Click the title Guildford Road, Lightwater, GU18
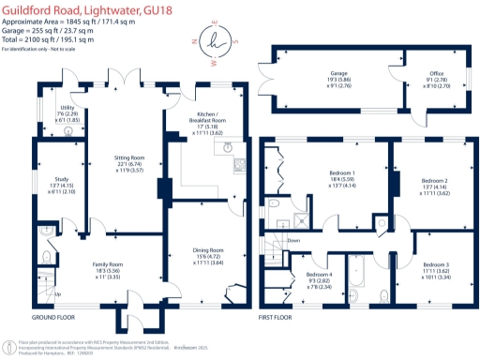(x=79, y=8)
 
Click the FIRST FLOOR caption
(x=278, y=316)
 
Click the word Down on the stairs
(x=293, y=240)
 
